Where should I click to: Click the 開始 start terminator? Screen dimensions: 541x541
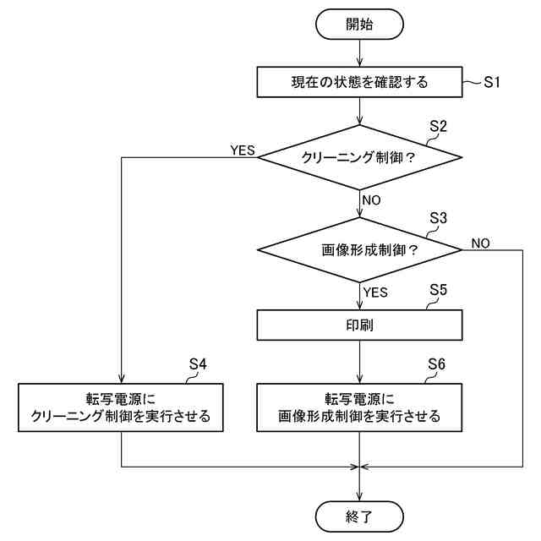pos(359,25)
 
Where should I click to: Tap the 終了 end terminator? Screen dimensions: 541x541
pos(359,516)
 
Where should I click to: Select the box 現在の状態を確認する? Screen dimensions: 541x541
pos(359,82)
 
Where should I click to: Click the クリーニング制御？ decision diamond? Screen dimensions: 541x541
pos(359,157)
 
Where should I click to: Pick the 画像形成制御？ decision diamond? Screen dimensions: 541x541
pos(359,250)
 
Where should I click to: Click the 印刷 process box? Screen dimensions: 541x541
pos(359,325)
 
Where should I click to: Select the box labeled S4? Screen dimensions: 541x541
pos(121,407)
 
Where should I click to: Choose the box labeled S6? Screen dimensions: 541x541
pos(359,407)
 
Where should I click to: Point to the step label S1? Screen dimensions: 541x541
pos(491,82)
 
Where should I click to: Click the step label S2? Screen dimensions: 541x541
pos(438,126)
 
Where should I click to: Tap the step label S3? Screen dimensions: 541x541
pos(438,218)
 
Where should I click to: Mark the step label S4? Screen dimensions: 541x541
pos(198,364)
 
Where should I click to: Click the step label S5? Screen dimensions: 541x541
pos(438,290)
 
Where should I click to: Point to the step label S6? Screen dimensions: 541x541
pos(436,364)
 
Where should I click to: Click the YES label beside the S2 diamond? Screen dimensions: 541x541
pos(243,150)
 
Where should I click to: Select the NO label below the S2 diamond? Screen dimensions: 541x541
pos(372,200)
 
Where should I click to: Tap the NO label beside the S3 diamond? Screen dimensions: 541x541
pos(481,243)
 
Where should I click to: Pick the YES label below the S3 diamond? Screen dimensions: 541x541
pos(375,292)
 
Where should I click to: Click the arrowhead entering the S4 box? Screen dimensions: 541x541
pos(122,380)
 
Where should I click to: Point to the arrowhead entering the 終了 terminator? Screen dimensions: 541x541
pos(359,497)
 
